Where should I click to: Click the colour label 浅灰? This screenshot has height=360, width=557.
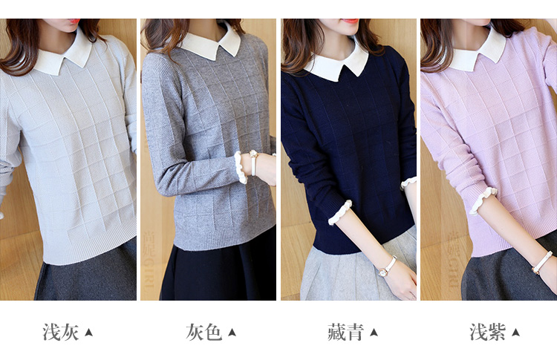coord(61,333)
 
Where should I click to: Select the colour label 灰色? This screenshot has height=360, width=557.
coord(204,333)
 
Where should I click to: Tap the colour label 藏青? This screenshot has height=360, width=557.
coord(345,333)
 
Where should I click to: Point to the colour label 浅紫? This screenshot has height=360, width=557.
coord(488,333)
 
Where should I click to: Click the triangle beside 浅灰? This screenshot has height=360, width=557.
coord(89,333)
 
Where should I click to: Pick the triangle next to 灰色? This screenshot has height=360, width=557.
coord(232,333)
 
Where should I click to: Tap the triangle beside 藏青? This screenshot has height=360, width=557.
coord(374,333)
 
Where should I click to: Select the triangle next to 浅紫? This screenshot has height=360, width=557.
coord(516,333)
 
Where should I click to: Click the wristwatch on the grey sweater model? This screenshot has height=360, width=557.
coord(253,163)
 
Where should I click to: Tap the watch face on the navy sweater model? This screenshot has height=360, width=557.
coord(382,272)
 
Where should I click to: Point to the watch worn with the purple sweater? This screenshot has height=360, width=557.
coord(541,262)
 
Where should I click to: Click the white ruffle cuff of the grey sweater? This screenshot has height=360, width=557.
coord(241,168)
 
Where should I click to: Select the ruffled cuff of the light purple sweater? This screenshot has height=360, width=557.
coord(483,200)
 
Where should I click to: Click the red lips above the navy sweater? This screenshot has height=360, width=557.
coord(350,21)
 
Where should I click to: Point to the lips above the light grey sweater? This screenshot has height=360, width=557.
coord(74,21)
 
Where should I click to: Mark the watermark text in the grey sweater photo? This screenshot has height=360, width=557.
coord(149,259)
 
